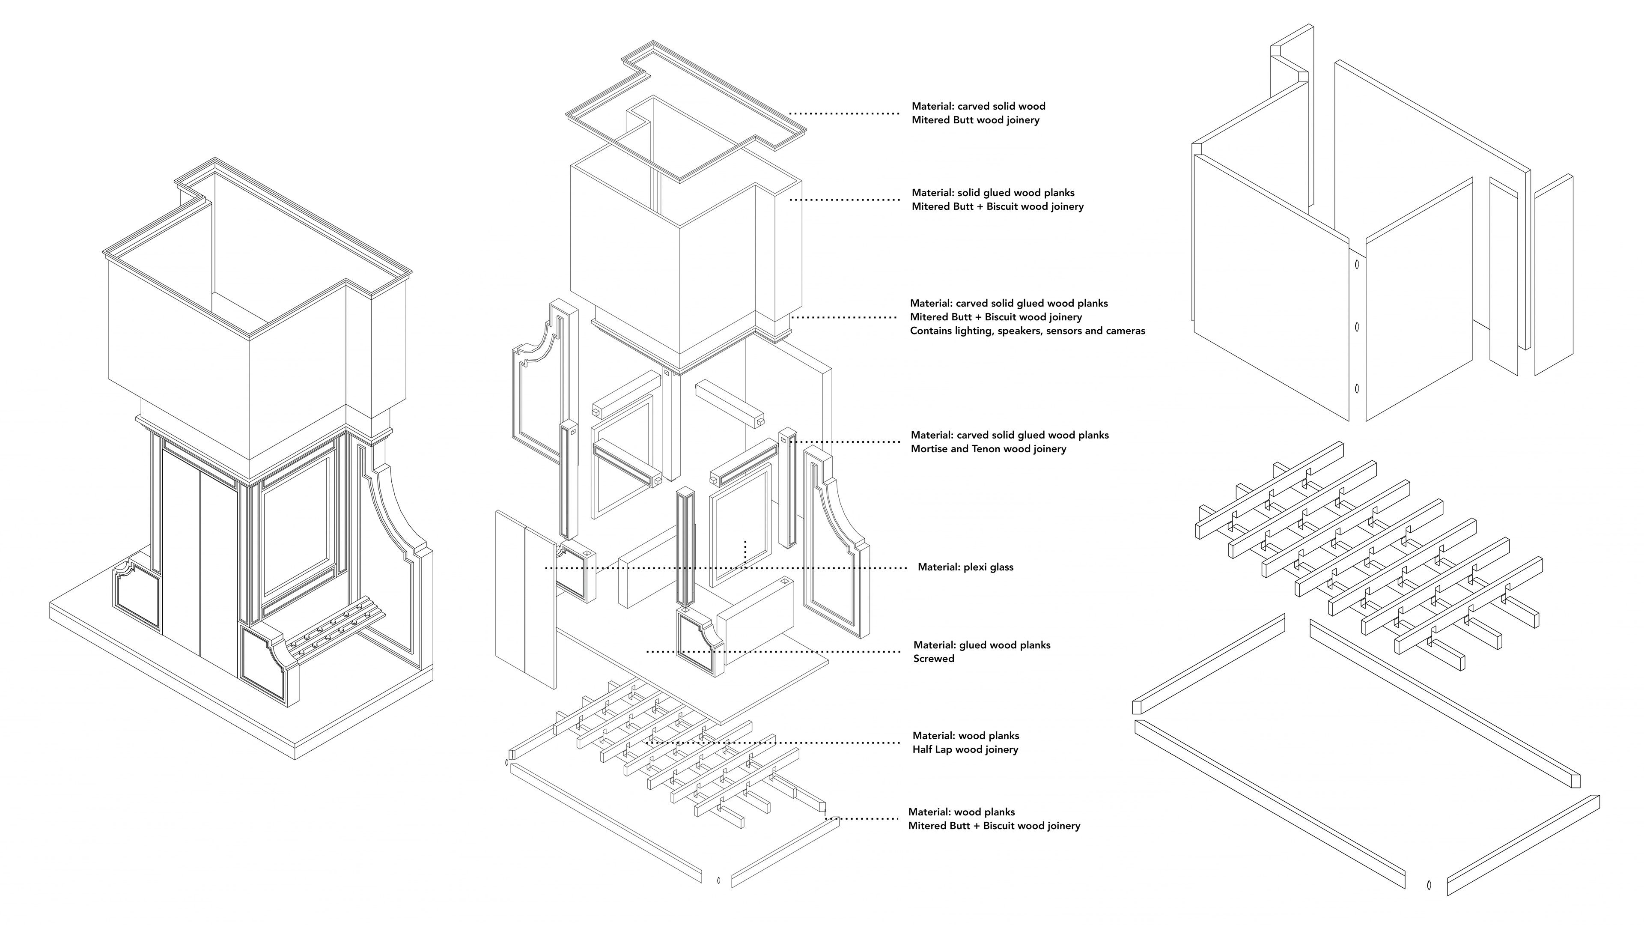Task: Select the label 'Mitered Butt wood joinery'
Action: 975,120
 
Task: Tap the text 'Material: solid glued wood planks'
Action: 993,193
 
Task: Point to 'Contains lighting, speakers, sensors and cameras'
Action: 1027,331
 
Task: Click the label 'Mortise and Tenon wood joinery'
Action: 989,449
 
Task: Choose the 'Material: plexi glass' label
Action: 965,567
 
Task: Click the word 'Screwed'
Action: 934,659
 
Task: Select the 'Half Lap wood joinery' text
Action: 965,749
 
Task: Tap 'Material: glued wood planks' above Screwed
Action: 982,645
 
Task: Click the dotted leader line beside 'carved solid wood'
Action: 844,113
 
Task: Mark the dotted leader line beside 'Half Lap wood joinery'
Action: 772,743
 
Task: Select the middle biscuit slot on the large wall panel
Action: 1357,327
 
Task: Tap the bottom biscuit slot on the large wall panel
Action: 1357,389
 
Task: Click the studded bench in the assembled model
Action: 335,628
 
